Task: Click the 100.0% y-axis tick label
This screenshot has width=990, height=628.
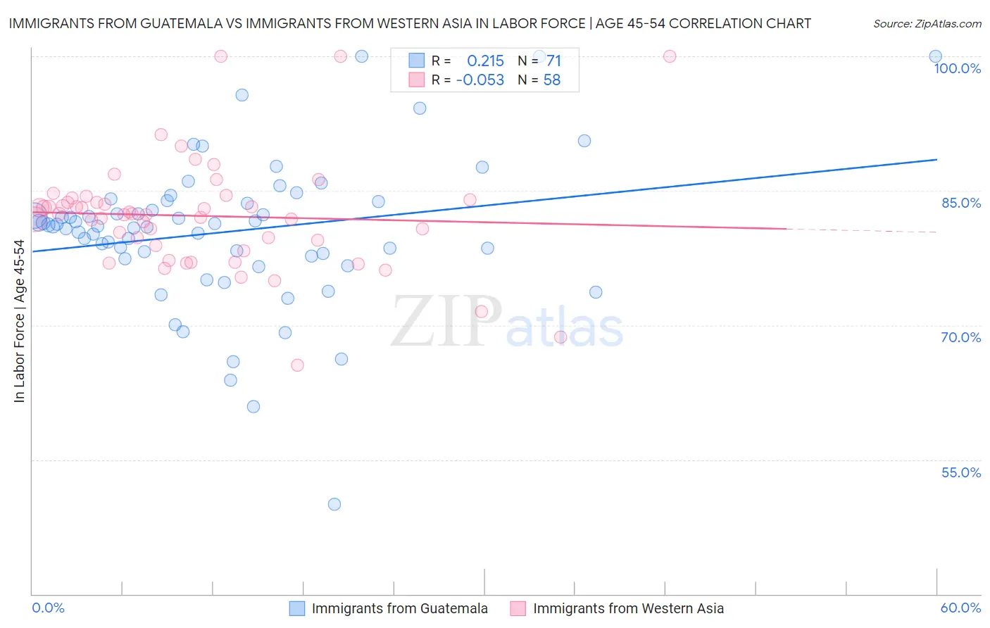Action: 957,68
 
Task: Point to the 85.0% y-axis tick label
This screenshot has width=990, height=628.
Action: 961,203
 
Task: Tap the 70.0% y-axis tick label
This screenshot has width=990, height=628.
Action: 961,337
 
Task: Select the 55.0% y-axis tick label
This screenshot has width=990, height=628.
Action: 961,472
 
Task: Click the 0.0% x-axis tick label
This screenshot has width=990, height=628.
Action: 48,608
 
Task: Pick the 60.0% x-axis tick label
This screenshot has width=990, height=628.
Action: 960,608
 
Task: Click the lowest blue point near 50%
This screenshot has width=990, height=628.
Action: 334,504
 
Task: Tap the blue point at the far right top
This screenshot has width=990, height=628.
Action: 935,56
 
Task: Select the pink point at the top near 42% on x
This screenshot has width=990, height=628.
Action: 670,56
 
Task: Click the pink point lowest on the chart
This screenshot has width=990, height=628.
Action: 297,365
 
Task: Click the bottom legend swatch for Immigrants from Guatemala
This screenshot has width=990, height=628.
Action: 297,608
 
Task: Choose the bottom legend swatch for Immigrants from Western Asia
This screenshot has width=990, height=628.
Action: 518,608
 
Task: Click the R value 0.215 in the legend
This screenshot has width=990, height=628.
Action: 485,61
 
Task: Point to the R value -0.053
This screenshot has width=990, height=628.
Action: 480,80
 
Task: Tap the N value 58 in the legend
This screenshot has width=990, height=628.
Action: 552,80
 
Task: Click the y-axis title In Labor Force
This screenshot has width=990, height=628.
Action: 19,321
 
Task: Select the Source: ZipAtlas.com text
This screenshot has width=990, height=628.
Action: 927,24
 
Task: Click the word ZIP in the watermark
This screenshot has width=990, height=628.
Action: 446,321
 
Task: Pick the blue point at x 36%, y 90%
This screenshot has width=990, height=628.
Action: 584,141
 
